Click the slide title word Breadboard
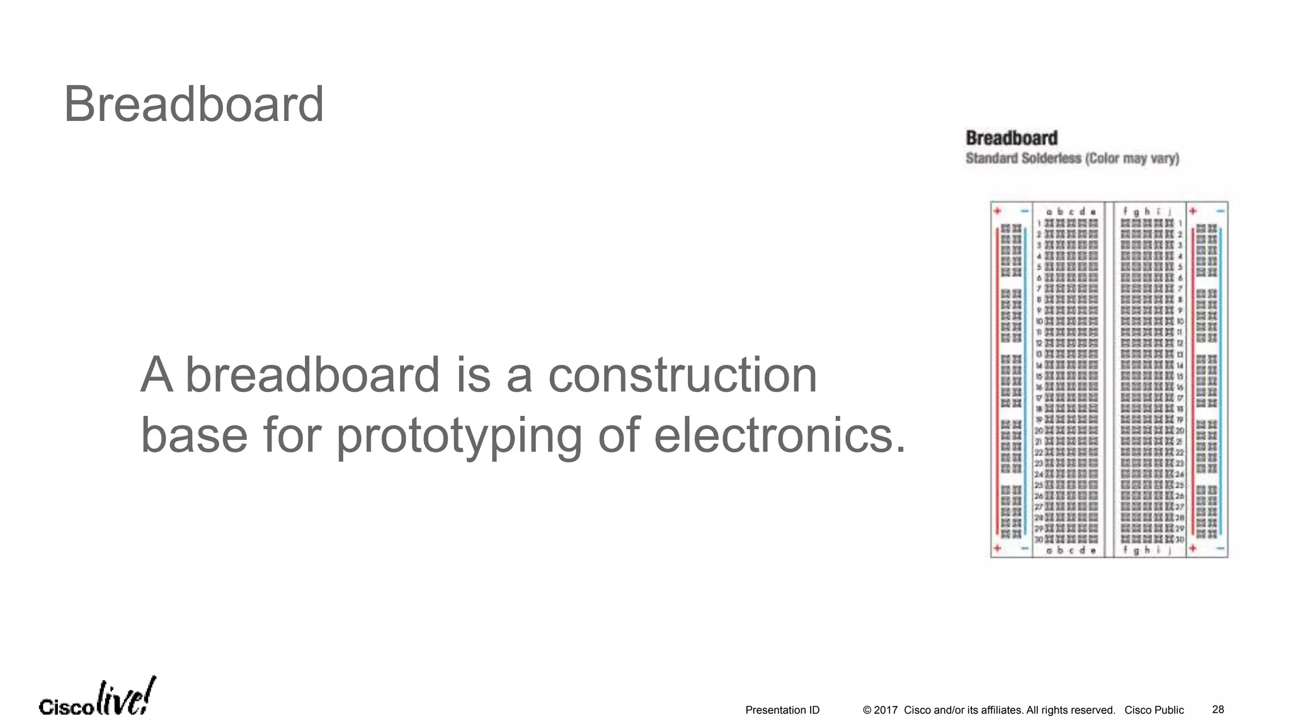pyautogui.click(x=193, y=105)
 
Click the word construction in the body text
pyautogui.click(x=682, y=375)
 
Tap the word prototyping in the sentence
pyautogui.click(x=459, y=436)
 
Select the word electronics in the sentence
pyautogui.click(x=780, y=435)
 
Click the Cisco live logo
pyautogui.click(x=97, y=698)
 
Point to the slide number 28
pyautogui.click(x=1218, y=710)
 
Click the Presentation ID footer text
pyautogui.click(x=782, y=710)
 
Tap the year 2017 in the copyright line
pyautogui.click(x=886, y=710)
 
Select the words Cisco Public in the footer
pyautogui.click(x=1154, y=710)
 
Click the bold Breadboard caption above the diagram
pyautogui.click(x=1012, y=138)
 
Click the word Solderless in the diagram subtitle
pyautogui.click(x=1051, y=158)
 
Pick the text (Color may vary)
pyautogui.click(x=1131, y=158)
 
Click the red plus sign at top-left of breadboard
pyautogui.click(x=998, y=210)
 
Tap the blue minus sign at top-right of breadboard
pyautogui.click(x=1221, y=210)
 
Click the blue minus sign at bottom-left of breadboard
pyautogui.click(x=1025, y=549)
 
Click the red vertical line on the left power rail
pyautogui.click(x=998, y=378)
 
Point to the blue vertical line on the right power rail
pyautogui.click(x=1221, y=378)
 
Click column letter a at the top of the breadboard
pyautogui.click(x=1049, y=212)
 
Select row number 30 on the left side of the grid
pyautogui.click(x=1039, y=539)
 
